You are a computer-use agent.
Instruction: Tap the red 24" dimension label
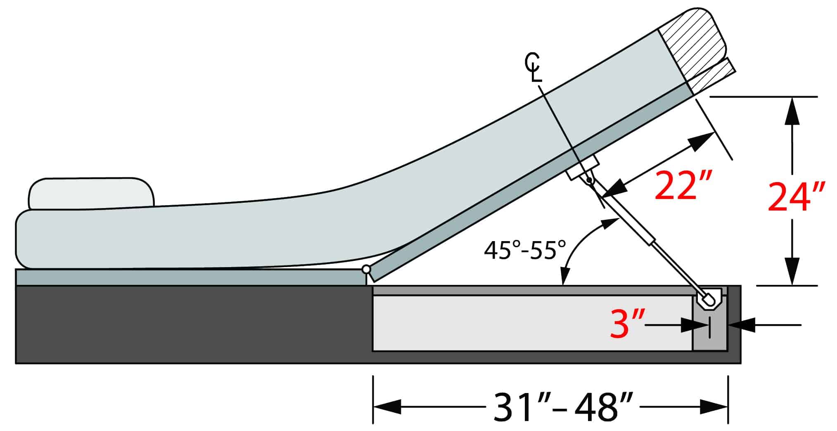coord(797,197)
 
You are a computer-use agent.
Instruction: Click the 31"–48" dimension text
coord(563,407)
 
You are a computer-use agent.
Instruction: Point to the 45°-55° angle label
coord(525,250)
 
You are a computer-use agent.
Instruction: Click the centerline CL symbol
coord(533,67)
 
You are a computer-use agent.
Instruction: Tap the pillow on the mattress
coord(91,193)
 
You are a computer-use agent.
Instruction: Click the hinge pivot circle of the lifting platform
coord(366,270)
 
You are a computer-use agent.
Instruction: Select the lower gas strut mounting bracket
coord(711,298)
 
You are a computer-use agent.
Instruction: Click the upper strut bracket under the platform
coord(583,167)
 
